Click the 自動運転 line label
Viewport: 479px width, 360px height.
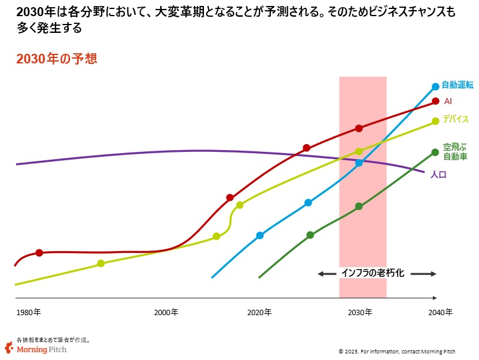[457, 86]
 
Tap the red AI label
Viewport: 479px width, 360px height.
[448, 102]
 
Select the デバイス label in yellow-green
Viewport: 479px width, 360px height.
[456, 120]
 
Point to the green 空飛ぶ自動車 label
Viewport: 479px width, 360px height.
[455, 151]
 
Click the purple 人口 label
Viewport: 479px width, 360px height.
[438, 175]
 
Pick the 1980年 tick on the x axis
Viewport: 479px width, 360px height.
[29, 312]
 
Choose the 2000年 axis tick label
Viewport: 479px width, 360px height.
[166, 312]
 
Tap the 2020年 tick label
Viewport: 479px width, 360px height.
[260, 312]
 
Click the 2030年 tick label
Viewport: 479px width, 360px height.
[360, 312]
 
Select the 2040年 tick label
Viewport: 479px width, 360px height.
[440, 312]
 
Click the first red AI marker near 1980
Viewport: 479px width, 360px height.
[39, 253]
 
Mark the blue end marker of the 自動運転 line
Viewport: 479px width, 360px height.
[436, 87]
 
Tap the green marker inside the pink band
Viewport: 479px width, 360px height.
[359, 206]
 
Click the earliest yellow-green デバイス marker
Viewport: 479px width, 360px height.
[100, 263]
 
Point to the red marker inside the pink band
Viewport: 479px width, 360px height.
[359, 128]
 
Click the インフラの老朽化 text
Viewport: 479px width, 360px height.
[373, 273]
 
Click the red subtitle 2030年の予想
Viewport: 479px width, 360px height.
[57, 59]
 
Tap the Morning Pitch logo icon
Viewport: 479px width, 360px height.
[9, 347]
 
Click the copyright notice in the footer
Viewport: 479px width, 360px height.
[405, 351]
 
